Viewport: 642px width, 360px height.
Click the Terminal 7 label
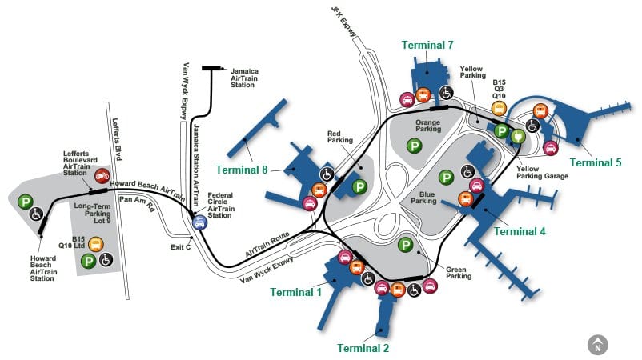point(427,45)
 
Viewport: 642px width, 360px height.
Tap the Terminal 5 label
point(596,162)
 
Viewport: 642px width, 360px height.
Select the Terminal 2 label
point(363,348)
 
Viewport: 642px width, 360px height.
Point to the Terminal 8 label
point(242,170)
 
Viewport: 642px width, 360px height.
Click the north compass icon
point(598,345)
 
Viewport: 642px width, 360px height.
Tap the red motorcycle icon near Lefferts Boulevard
point(102,176)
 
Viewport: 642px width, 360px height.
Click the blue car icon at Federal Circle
point(200,222)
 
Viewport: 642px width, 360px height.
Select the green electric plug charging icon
point(518,136)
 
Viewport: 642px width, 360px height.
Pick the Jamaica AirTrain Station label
point(244,78)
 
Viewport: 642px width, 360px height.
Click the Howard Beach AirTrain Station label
point(43,268)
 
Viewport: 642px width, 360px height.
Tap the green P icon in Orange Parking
point(415,146)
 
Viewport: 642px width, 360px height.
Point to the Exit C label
point(181,247)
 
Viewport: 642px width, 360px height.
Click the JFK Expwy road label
point(344,22)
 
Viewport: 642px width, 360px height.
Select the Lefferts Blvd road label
point(117,139)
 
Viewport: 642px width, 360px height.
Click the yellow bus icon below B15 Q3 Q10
point(499,109)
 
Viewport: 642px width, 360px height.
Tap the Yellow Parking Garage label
point(542,172)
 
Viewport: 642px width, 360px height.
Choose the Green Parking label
point(459,273)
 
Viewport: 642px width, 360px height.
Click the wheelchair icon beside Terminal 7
point(447,93)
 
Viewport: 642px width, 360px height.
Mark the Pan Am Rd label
point(137,203)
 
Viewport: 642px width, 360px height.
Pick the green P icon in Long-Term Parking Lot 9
point(88,261)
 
